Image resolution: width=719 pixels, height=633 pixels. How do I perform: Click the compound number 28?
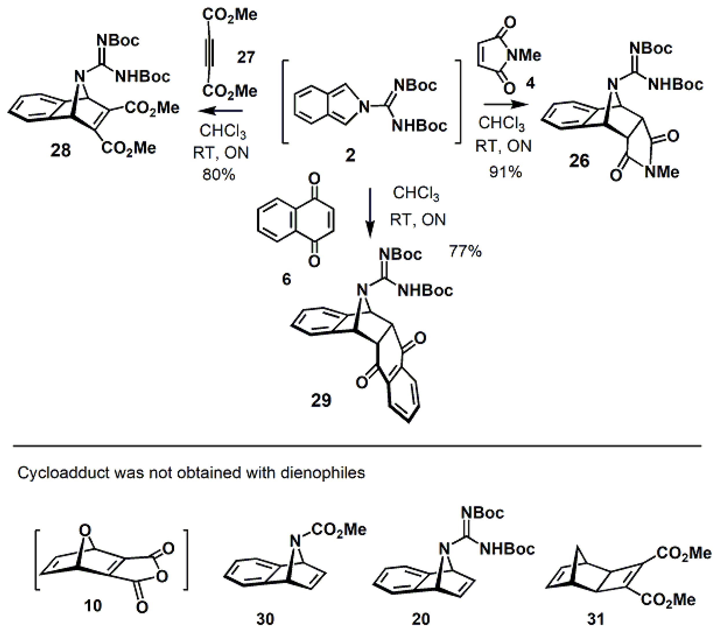pos(60,151)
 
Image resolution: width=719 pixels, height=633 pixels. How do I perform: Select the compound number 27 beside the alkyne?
pos(246,57)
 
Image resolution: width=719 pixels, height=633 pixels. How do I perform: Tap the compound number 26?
pos(579,161)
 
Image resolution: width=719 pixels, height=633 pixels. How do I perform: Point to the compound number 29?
pos(321,400)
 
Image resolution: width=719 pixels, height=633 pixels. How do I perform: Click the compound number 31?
pos(596,619)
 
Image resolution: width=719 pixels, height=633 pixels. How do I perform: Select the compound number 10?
pos(93,606)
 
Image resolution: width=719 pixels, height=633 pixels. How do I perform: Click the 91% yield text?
pos(505,172)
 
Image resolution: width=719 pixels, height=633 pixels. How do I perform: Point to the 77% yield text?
pos(465,251)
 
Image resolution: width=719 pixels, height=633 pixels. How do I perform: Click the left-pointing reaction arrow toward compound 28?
pos(220,111)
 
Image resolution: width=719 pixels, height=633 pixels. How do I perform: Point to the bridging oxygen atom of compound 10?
pos(85,530)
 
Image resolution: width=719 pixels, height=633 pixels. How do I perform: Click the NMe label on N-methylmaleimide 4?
pos(523,55)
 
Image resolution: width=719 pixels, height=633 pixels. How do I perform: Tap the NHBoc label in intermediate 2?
pos(419,126)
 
